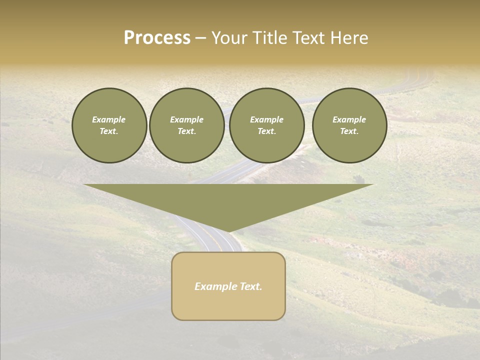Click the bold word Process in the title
(157, 38)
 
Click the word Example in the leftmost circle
(109, 119)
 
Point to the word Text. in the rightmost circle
(349, 131)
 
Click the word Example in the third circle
(266, 119)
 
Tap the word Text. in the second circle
(186, 131)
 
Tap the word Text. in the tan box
(252, 286)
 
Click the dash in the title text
(200, 38)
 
